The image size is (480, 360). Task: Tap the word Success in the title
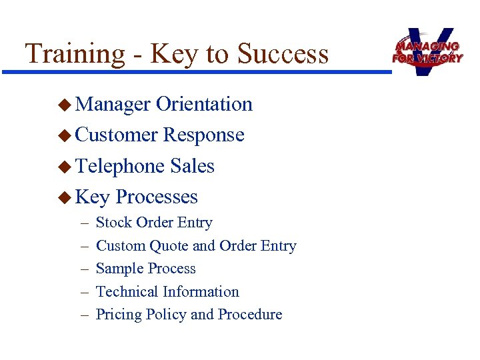283,53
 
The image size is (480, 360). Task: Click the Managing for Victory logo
427,51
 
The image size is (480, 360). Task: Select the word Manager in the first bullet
113,105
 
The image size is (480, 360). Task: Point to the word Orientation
204,104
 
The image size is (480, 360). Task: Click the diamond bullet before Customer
64,135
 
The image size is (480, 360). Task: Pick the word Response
204,135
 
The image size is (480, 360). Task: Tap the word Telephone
120,166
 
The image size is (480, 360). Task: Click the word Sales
193,166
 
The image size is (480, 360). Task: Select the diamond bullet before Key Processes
64,197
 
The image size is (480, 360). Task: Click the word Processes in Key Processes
157,197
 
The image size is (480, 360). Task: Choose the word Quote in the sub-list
169,246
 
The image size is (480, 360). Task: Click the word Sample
118,269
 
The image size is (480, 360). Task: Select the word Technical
127,292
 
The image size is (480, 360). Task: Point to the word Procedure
250,315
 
